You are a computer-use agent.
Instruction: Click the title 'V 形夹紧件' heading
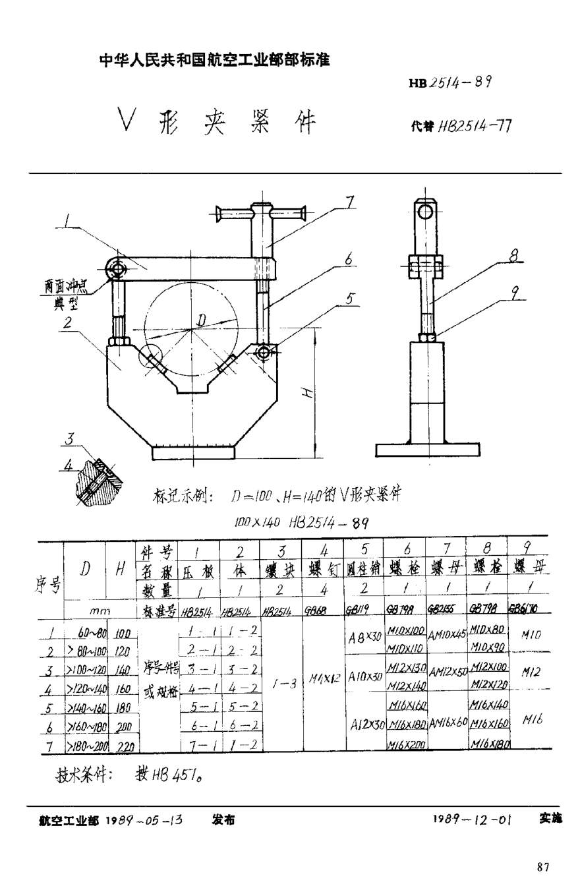pyautogui.click(x=217, y=121)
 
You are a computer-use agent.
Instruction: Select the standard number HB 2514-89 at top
pyautogui.click(x=449, y=82)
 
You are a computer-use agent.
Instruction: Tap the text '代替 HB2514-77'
pyautogui.click(x=461, y=126)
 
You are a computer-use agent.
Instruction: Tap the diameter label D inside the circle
pyautogui.click(x=202, y=320)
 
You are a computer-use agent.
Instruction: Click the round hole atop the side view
pyautogui.click(x=426, y=211)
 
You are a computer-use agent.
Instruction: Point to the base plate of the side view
pyautogui.click(x=428, y=450)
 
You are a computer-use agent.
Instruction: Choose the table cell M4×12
pyautogui.click(x=324, y=678)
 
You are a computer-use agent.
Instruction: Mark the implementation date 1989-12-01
pyautogui.click(x=472, y=819)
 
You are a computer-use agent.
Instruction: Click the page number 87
pyautogui.click(x=542, y=866)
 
